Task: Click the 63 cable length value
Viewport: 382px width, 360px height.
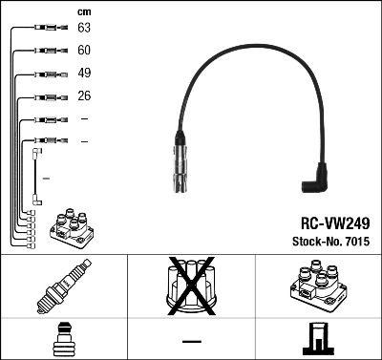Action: point(84,29)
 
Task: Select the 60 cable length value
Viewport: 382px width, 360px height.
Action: point(84,51)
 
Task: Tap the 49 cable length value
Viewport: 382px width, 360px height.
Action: point(84,73)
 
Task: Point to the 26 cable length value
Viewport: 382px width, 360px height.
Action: point(84,95)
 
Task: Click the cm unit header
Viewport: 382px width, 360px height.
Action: point(83,11)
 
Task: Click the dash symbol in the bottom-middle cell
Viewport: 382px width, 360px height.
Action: point(191,340)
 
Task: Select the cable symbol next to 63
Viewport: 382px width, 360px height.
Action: point(48,29)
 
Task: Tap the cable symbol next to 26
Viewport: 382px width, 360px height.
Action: point(48,96)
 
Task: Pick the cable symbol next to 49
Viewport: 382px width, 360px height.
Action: point(48,74)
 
